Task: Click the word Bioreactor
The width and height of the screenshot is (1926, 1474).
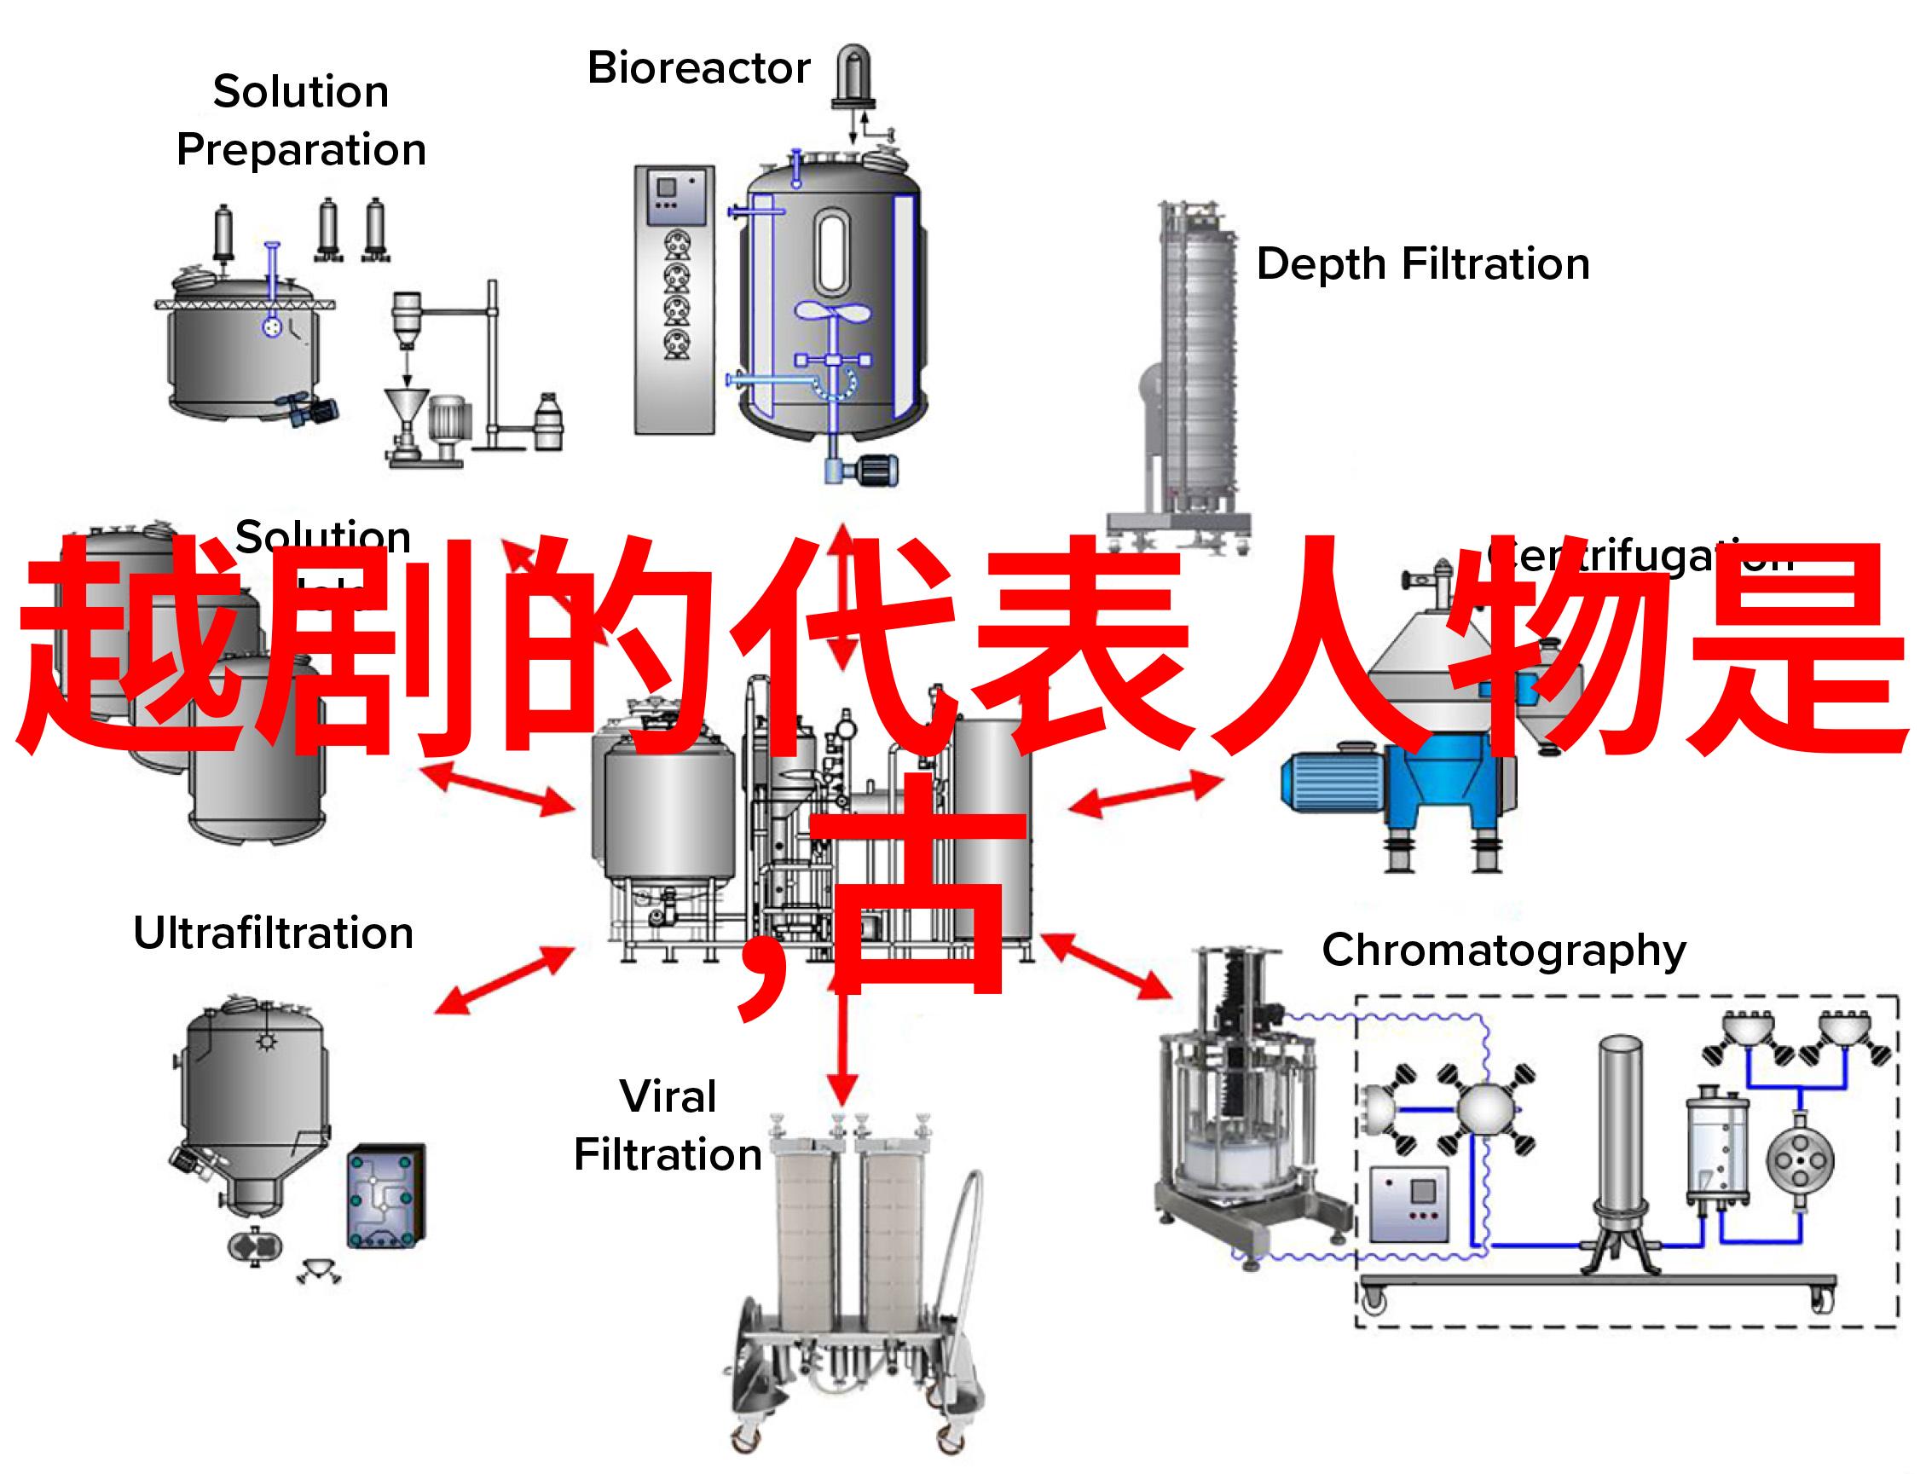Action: point(698,68)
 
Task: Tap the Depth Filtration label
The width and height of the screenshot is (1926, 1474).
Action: point(1422,264)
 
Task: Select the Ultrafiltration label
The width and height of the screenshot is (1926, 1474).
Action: point(273,933)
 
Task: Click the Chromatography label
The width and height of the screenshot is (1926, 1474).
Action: point(1504,951)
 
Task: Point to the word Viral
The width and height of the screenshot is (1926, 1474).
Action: point(668,1096)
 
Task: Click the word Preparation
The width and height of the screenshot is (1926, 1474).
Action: point(301,150)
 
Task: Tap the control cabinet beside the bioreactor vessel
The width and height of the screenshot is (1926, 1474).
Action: point(674,298)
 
